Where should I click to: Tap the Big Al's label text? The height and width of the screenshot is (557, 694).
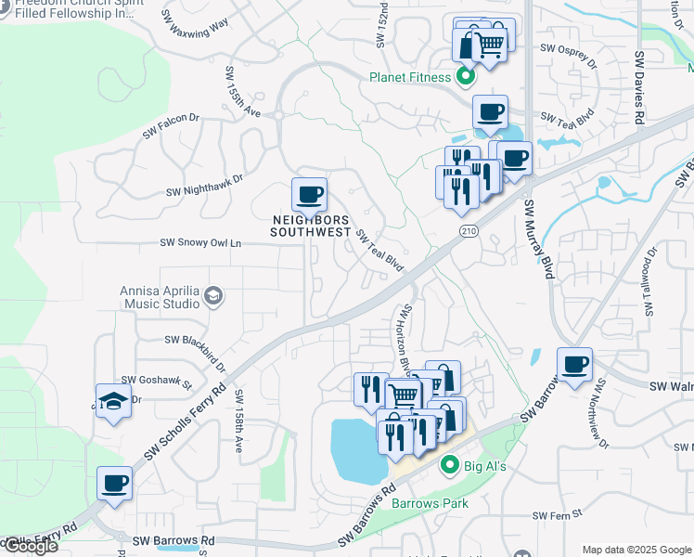pyautogui.click(x=484, y=465)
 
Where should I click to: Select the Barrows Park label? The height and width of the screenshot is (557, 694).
pyautogui.click(x=430, y=503)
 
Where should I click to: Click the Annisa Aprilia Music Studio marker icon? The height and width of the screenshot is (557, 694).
pyautogui.click(x=212, y=296)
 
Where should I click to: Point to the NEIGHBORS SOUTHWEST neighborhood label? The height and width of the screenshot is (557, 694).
pyautogui.click(x=310, y=226)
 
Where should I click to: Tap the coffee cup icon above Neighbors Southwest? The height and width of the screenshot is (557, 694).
pyautogui.click(x=309, y=195)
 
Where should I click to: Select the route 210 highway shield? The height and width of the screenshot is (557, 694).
pyautogui.click(x=468, y=229)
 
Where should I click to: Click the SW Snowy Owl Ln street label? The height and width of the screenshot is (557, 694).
pyautogui.click(x=200, y=243)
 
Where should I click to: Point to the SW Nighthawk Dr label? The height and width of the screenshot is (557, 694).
pyautogui.click(x=204, y=186)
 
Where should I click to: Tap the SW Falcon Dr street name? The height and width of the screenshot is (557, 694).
pyautogui.click(x=171, y=126)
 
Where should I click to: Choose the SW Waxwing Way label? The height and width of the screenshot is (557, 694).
pyautogui.click(x=199, y=22)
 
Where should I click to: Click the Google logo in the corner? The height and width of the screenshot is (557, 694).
pyautogui.click(x=30, y=546)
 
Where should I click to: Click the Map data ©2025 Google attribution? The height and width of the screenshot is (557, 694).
pyautogui.click(x=636, y=550)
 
